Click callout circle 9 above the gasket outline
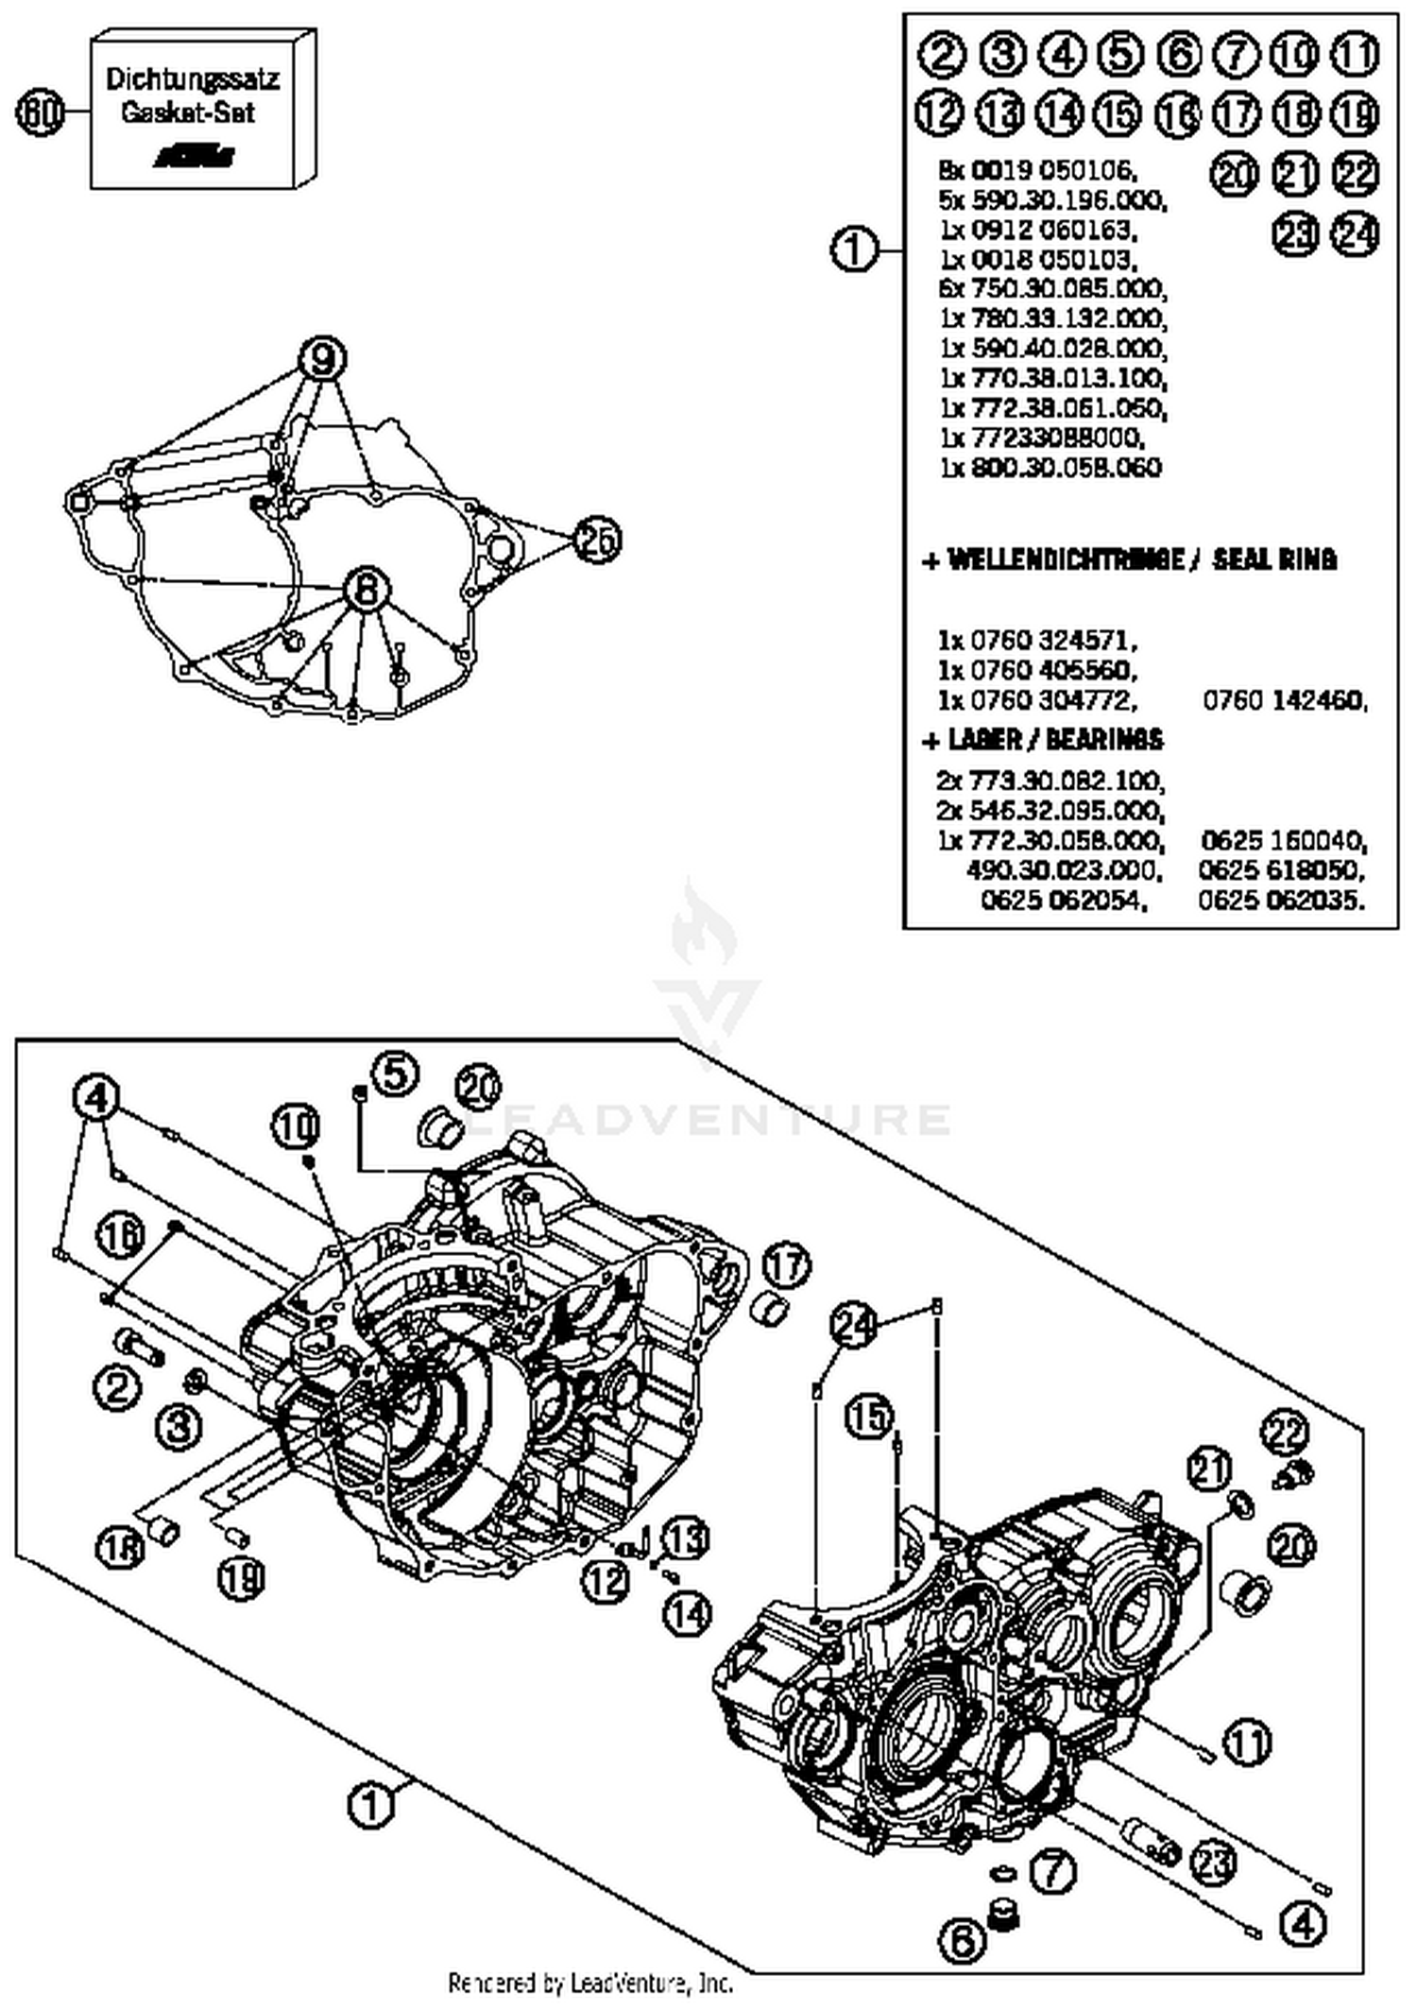322,358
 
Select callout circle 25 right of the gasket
597,540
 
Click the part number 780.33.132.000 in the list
1067,318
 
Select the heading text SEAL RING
1274,559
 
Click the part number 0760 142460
1284,700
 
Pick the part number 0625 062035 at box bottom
1282,899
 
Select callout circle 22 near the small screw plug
1286,1433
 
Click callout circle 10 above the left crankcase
297,1125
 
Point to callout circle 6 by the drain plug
962,1941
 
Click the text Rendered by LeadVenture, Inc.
589,1982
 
